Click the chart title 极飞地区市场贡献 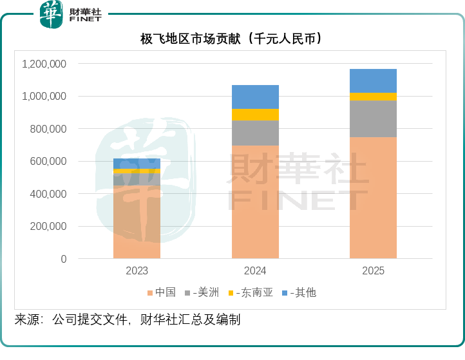[231, 39]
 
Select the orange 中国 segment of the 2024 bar [255, 202]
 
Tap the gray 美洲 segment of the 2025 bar [373, 118]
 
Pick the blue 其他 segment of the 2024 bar [255, 97]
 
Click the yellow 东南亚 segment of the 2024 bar [255, 115]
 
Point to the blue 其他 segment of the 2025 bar [373, 81]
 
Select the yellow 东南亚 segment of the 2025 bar [373, 97]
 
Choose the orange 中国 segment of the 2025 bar [373, 197]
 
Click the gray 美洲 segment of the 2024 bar [255, 133]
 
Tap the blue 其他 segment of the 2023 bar [137, 163]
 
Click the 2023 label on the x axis [137, 271]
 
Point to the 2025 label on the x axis [373, 271]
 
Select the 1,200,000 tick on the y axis [44, 64]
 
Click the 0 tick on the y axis [63, 259]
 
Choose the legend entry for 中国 [162, 292]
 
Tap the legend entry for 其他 [299, 292]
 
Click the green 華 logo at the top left [52, 14]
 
